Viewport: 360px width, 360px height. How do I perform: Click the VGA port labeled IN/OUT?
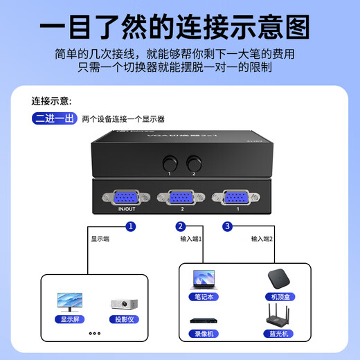click(127, 197)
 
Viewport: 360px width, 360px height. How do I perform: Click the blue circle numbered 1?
click(131, 226)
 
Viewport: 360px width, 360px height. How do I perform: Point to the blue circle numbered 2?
click(181, 226)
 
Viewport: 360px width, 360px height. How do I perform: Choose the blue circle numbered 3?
click(226, 226)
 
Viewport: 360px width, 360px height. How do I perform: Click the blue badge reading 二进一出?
click(54, 118)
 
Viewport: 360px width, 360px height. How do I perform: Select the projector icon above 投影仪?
click(120, 304)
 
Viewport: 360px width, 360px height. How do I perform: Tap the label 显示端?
click(100, 239)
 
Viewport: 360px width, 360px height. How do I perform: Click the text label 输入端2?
click(262, 239)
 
